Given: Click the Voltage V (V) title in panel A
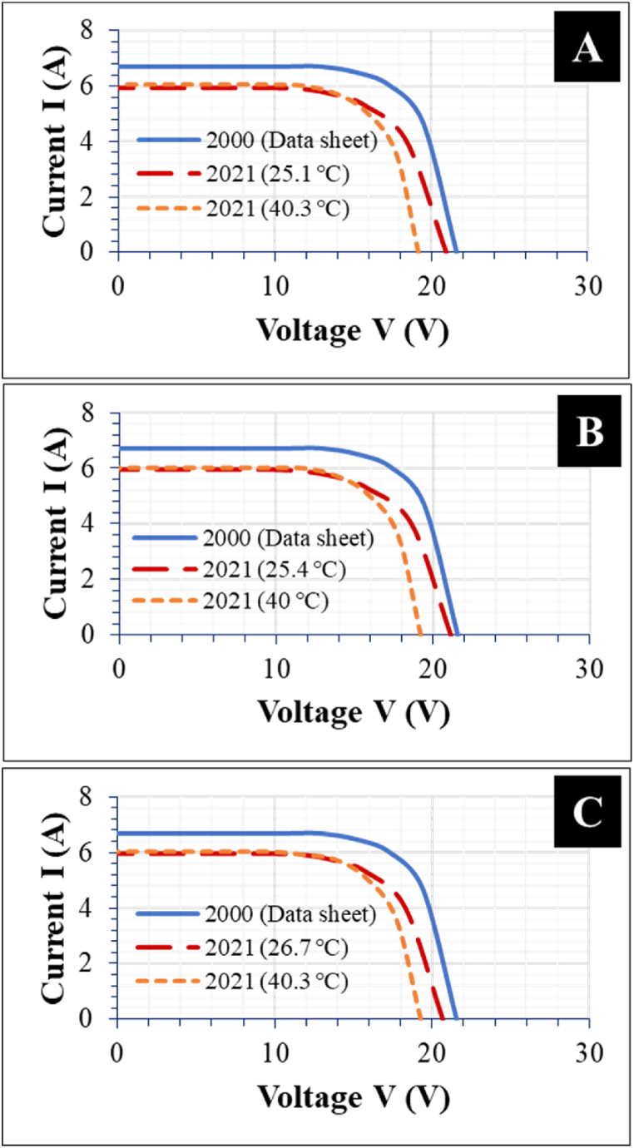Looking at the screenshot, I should pyautogui.click(x=352, y=331).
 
